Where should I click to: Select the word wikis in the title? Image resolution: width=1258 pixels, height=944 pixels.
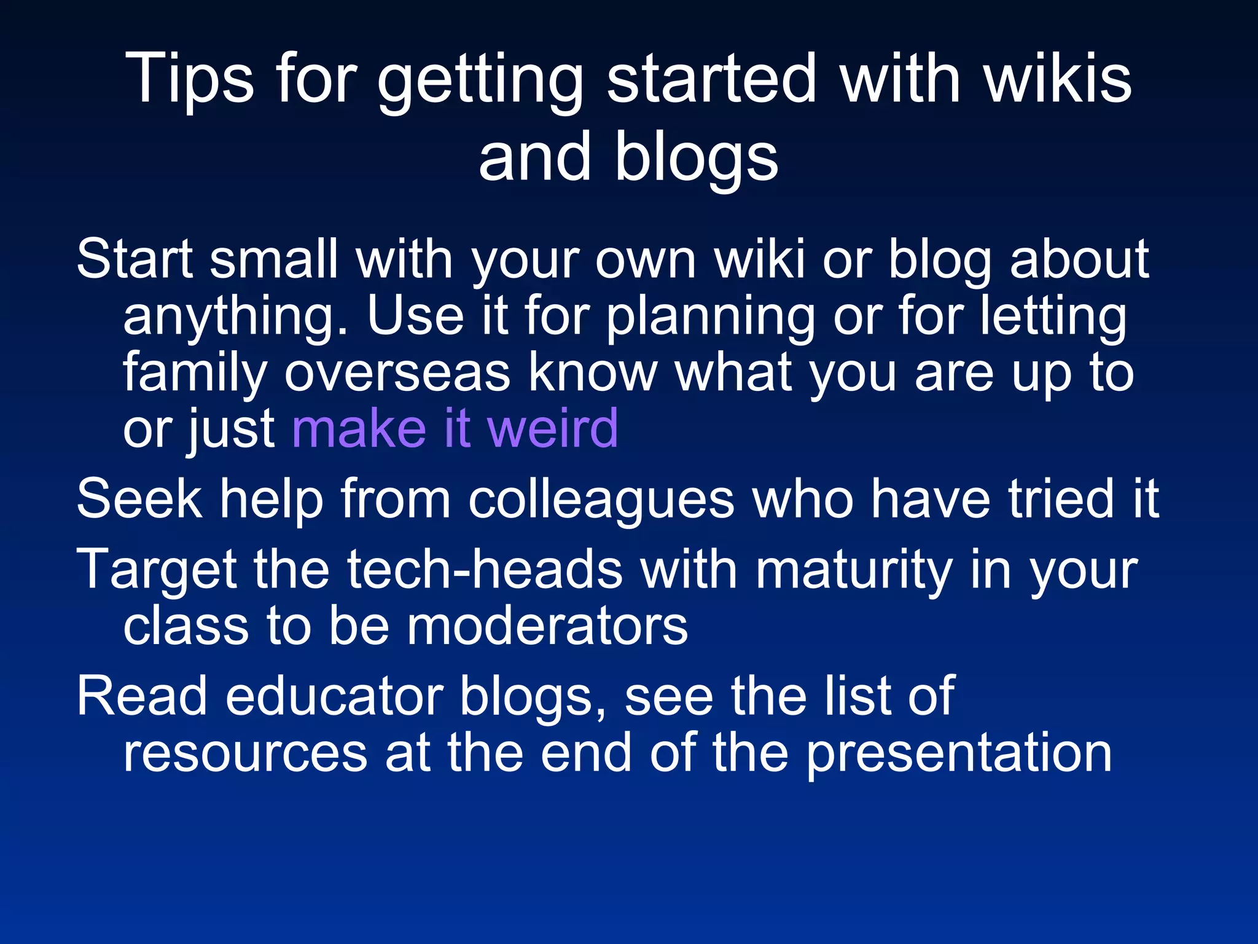point(1058,79)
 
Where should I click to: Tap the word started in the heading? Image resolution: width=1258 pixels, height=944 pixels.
point(711,79)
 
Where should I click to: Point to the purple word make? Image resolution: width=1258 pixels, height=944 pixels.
point(359,428)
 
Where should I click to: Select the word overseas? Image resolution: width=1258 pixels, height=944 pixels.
point(397,372)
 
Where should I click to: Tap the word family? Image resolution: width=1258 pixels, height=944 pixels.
point(194,374)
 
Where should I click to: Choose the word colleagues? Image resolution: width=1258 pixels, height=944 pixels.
point(601,499)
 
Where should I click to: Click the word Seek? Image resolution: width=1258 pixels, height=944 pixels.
point(139,499)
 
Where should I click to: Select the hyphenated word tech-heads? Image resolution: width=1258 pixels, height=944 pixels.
point(485,570)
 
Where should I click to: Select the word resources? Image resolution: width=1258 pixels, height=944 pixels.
point(245,753)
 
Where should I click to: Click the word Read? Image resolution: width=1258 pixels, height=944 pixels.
point(141,697)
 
